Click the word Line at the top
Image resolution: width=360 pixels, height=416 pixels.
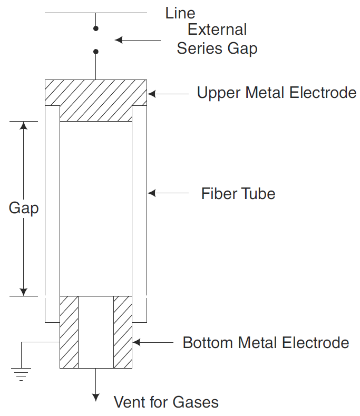click(180, 13)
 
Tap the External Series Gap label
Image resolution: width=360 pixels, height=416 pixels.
click(217, 39)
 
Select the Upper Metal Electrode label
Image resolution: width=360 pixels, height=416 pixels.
click(276, 93)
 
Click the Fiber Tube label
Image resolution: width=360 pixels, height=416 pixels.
click(238, 194)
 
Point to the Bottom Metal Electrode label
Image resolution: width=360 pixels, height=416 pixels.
click(266, 343)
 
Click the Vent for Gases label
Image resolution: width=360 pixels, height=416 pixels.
click(166, 403)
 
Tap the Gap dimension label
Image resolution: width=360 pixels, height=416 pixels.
click(24, 208)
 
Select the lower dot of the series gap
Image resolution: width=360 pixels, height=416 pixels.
click(95, 52)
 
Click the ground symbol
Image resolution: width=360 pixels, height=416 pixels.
click(22, 373)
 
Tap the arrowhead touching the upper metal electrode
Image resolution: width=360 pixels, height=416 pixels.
click(151, 94)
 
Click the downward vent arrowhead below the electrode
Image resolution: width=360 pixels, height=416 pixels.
click(95, 397)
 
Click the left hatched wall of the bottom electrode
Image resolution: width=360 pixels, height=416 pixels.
click(69, 332)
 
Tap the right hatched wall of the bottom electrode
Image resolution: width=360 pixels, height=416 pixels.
click(123, 332)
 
